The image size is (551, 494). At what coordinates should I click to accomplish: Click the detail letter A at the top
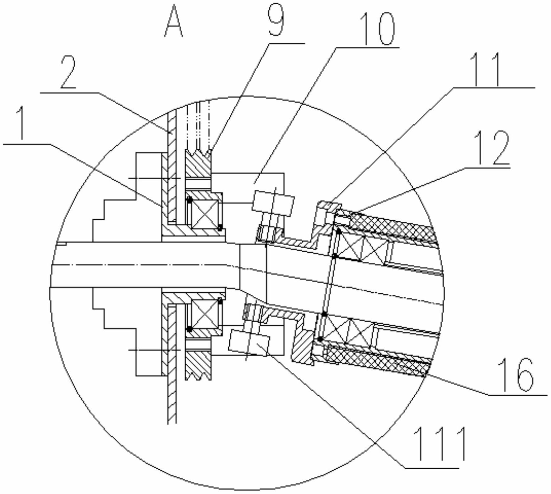173,22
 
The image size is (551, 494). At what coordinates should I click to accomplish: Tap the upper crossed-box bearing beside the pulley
205,214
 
